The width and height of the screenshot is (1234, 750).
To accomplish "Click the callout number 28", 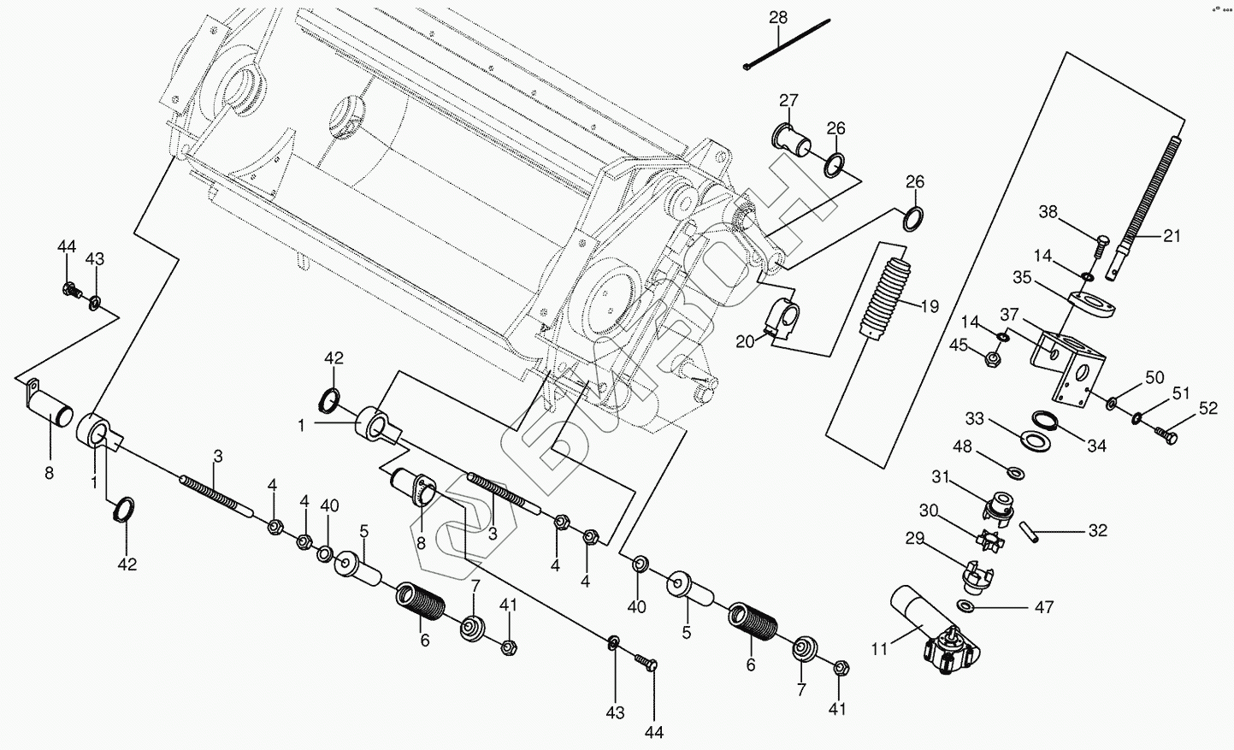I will pos(777,17).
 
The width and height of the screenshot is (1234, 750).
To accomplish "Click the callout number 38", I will pos(1048,212).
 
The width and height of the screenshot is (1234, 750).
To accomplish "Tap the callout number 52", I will pos(1207,409).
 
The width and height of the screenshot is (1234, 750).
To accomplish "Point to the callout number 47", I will pos(1044,608).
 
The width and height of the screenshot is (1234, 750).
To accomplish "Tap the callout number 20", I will pos(746,341).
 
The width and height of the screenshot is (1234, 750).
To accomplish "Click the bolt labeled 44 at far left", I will pos(72,291).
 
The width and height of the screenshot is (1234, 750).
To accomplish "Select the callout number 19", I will pos(930,305).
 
